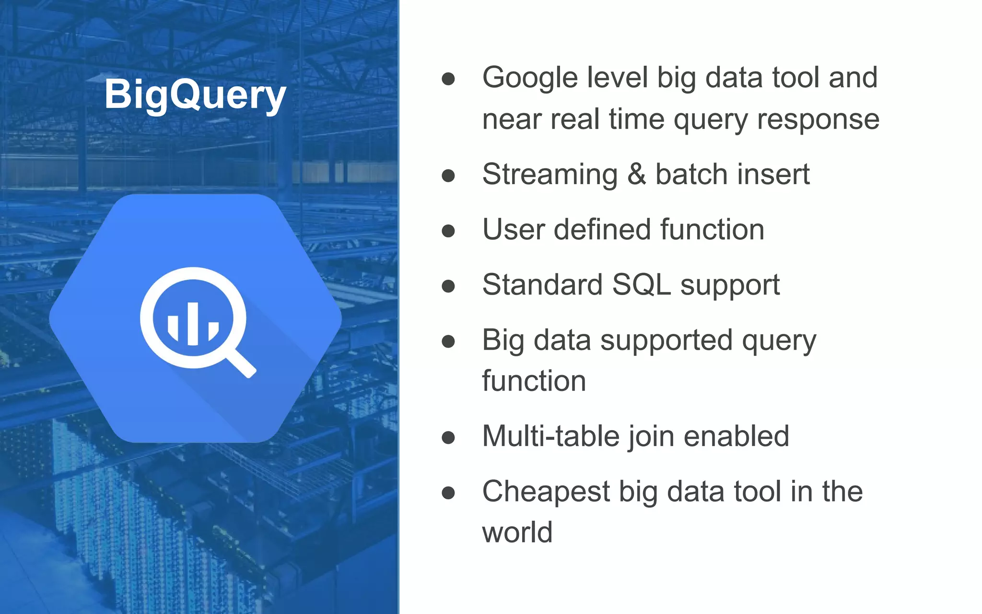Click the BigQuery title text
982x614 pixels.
(195, 94)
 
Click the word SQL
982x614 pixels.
(641, 284)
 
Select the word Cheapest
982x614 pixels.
(546, 492)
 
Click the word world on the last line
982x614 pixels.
(517, 532)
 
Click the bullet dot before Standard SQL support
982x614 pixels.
(448, 286)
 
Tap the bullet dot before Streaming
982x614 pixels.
(448, 176)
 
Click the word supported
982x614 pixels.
(666, 341)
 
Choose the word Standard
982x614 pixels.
(542, 284)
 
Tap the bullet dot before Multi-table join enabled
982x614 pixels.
(448, 437)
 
